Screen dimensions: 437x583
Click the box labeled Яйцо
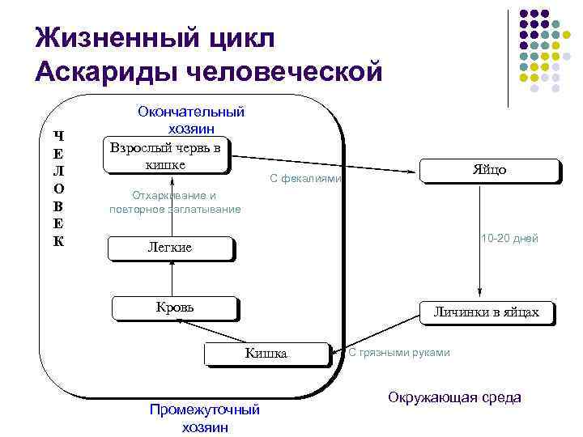tap(490, 171)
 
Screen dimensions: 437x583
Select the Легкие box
tap(171, 248)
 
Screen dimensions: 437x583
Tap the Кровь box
tap(175, 308)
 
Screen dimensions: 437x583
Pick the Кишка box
tap(266, 354)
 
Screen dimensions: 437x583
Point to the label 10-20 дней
tap(509, 238)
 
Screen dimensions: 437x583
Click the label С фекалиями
tap(305, 179)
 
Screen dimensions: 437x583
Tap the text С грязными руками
tap(398, 352)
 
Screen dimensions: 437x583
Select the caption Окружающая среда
tap(454, 397)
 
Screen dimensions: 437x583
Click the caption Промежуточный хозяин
tap(204, 418)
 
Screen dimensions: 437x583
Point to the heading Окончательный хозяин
tap(191, 120)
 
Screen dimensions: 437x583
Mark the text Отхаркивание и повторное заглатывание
tap(175, 202)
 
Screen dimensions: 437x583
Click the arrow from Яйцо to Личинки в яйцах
tap(480, 243)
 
